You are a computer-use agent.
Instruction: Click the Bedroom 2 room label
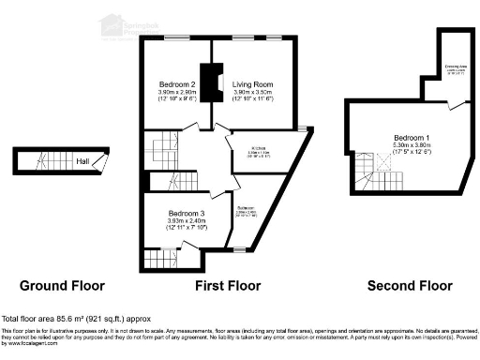176,84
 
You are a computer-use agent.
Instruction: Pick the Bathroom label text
247,207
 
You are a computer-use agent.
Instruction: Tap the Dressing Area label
457,67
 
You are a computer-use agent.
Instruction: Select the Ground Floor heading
63,285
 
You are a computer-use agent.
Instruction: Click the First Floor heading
227,285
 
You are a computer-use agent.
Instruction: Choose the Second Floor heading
410,285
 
